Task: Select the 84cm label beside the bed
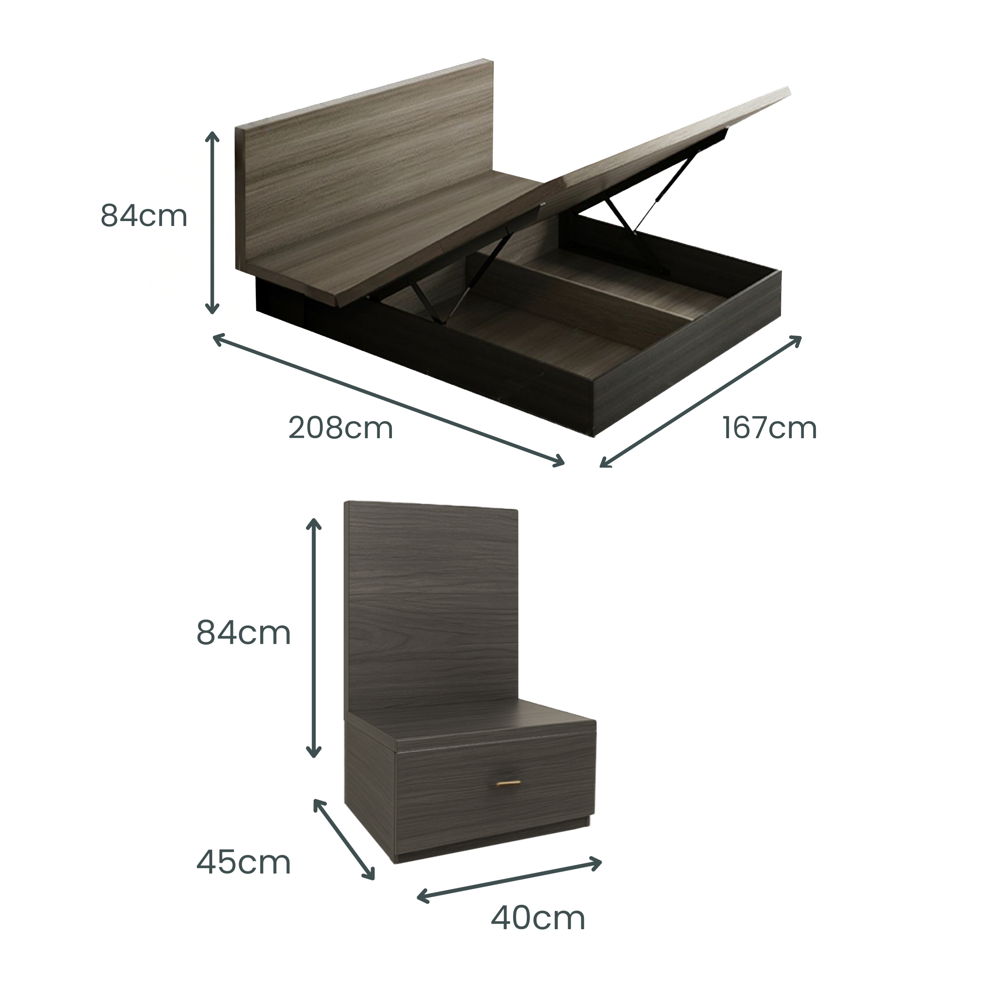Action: (x=144, y=215)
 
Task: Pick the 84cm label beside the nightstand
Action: (x=243, y=634)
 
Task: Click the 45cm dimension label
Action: (x=243, y=863)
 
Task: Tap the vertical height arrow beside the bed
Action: (x=213, y=223)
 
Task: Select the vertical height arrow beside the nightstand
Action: (x=314, y=638)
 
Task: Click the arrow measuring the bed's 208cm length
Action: (x=389, y=400)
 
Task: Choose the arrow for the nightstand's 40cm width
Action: (x=509, y=880)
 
